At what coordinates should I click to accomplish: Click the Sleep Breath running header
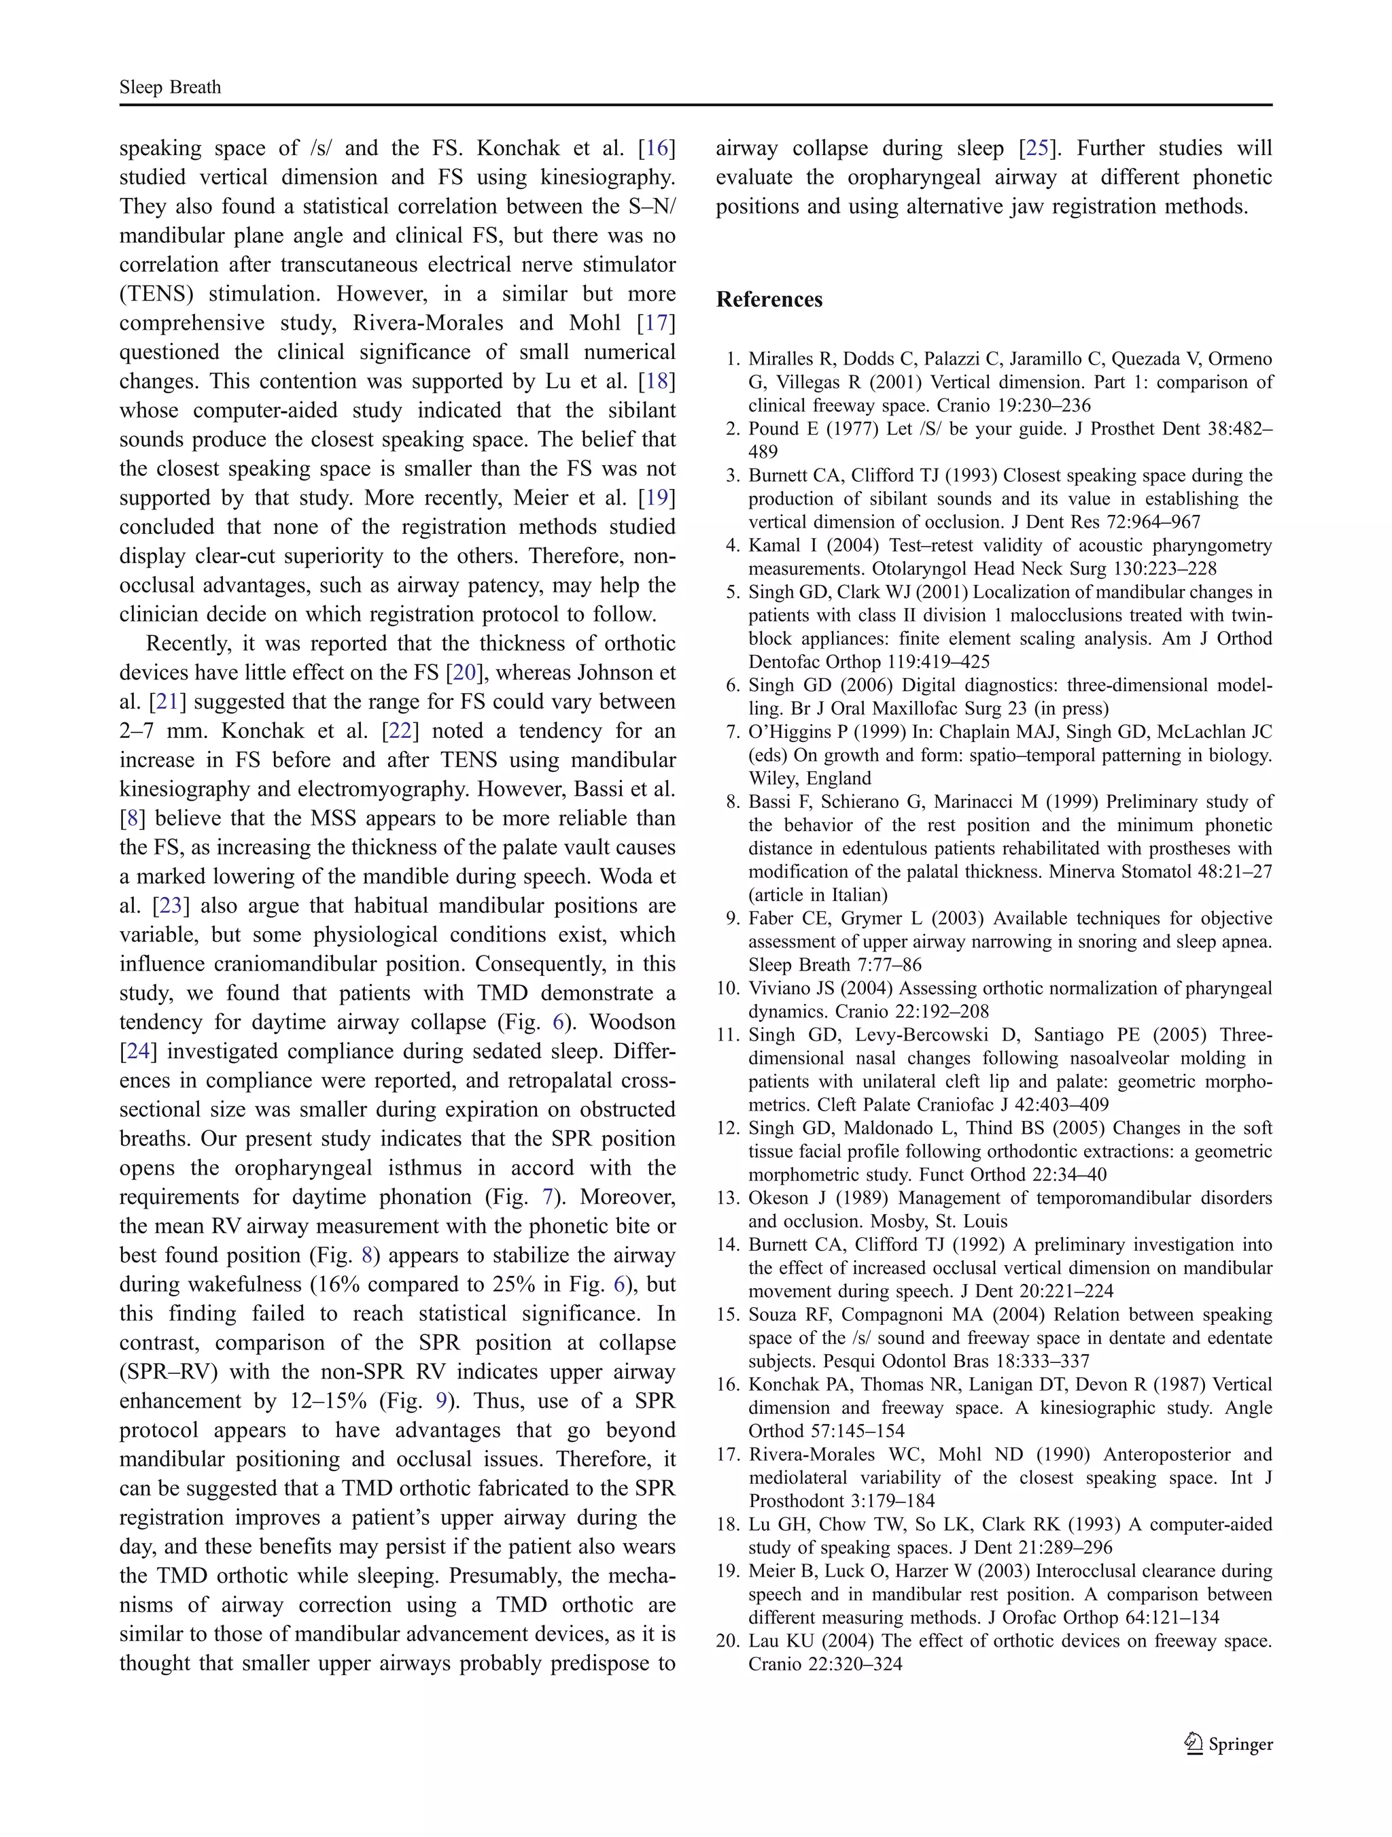(x=170, y=87)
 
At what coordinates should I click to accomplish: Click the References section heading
(x=769, y=300)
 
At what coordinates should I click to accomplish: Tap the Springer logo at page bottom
(x=1228, y=1742)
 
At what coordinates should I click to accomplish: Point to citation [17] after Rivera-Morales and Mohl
(x=657, y=323)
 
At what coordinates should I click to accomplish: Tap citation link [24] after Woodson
(x=135, y=1051)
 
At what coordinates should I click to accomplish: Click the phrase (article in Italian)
(x=818, y=895)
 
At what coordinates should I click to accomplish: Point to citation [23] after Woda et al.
(x=172, y=906)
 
